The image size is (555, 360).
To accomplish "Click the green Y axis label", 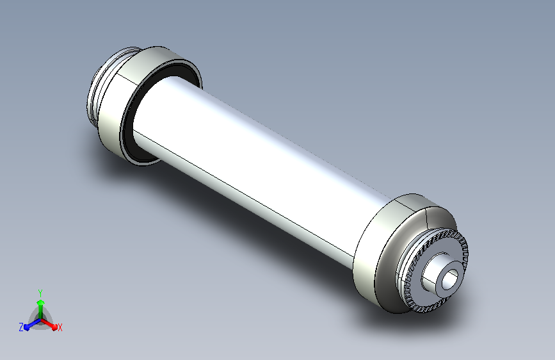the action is pos(40,293).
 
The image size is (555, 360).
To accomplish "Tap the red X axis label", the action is pos(60,327).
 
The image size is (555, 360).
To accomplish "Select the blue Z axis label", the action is pos(21,327).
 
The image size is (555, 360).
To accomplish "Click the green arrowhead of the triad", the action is pos(41,303).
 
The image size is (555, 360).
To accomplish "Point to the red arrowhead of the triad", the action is pos(54,327).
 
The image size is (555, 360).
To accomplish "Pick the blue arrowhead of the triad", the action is pos(27,327).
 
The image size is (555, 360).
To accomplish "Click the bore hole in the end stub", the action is pos(450,279).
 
